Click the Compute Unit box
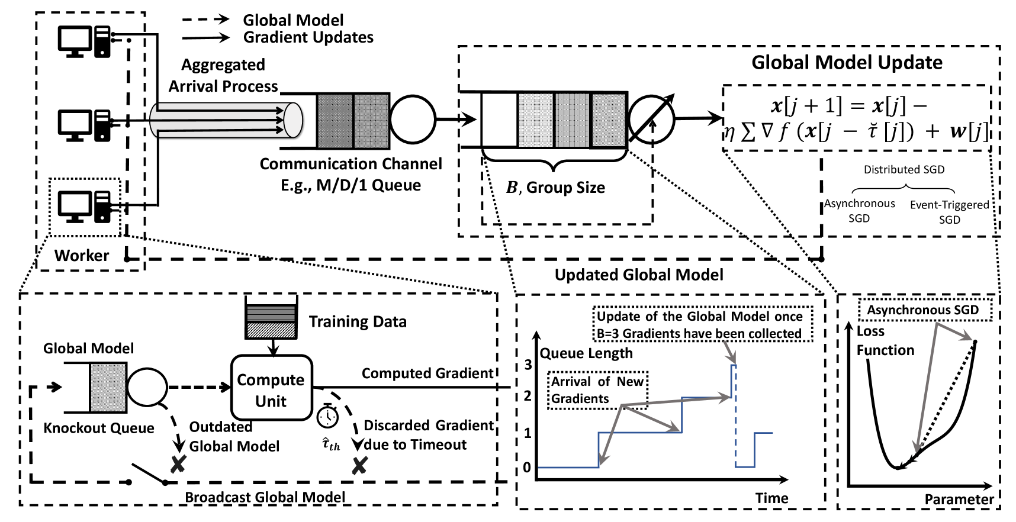[271, 388]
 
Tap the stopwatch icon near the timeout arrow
[327, 416]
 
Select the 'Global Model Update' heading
[847, 63]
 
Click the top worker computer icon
[84, 41]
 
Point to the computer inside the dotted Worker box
[84, 206]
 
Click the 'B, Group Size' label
[555, 188]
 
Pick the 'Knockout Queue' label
[99, 428]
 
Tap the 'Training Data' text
[358, 322]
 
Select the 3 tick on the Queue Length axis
[528, 365]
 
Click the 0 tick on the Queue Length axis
[527, 468]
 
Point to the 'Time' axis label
[771, 498]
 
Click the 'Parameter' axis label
[959, 500]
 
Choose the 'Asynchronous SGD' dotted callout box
[924, 310]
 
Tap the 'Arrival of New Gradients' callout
[597, 390]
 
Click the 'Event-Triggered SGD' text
[949, 212]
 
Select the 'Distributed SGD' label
[904, 170]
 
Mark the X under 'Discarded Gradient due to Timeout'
[359, 466]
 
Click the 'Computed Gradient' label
[427, 373]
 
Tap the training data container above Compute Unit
[271, 318]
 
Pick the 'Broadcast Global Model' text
[265, 497]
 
